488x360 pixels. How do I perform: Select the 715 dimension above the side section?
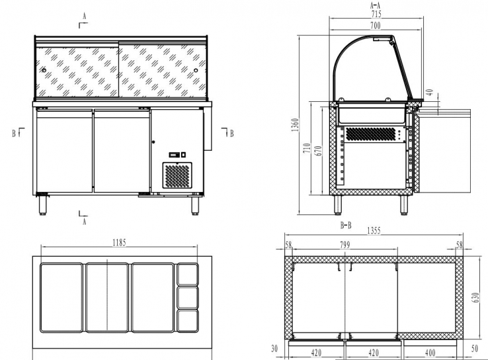coord(375,14)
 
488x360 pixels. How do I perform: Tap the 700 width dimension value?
coord(375,24)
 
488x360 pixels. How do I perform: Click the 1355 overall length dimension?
coord(375,231)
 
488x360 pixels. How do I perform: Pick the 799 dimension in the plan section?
coord(345,245)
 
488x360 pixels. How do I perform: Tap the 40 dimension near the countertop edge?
coord(430,93)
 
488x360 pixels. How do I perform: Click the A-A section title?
coord(375,5)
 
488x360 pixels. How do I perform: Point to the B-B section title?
coord(345,225)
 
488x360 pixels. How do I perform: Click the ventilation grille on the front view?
coord(177,176)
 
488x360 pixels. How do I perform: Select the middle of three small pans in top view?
coord(188,295)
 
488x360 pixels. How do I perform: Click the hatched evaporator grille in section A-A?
coord(373,134)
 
